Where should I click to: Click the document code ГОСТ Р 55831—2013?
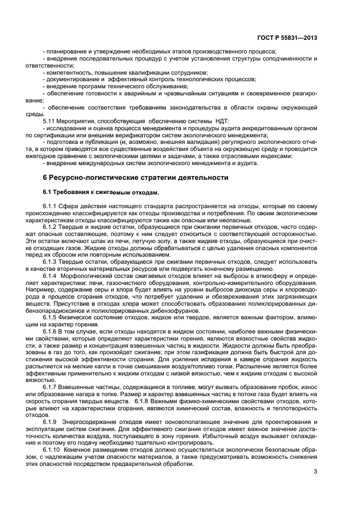click(286, 38)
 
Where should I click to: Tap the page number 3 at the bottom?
click(315, 471)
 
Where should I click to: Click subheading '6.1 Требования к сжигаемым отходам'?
click(101, 192)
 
